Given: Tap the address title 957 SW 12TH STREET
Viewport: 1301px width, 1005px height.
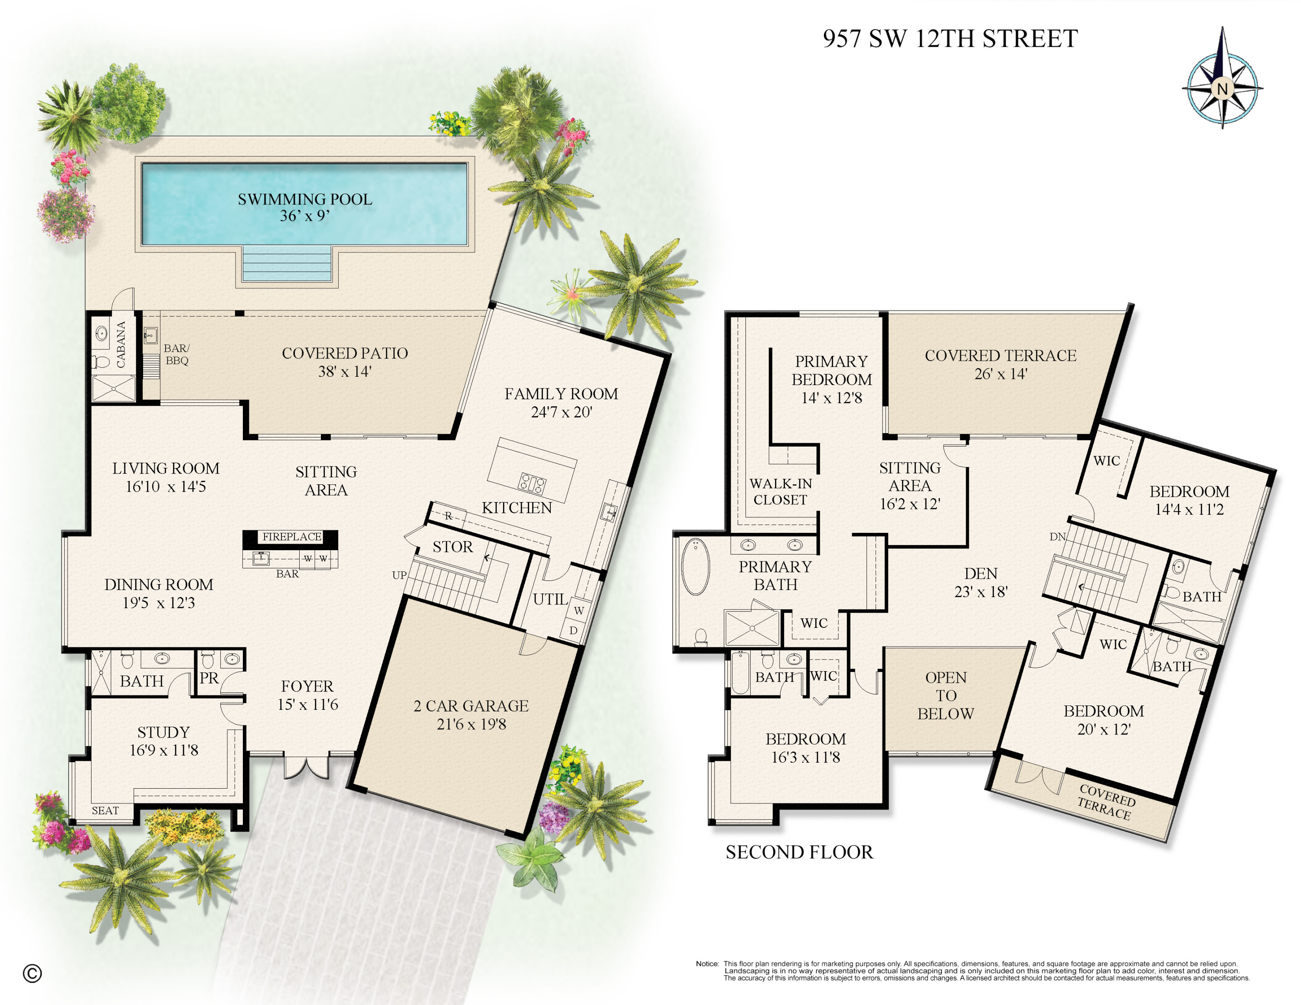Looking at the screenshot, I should tap(950, 39).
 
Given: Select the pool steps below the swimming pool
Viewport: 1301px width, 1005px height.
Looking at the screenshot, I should tap(287, 264).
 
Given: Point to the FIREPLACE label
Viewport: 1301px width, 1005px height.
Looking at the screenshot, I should tap(291, 536).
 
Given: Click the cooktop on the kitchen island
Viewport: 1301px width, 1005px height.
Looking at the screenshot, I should tap(532, 483).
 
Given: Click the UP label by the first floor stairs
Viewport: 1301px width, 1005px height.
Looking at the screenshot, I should tap(399, 575).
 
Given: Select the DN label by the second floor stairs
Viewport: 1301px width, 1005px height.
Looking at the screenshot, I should tap(1057, 536).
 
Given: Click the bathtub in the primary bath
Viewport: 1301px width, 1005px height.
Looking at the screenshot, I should tap(695, 566).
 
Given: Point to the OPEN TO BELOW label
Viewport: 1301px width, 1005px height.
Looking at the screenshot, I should tap(945, 695).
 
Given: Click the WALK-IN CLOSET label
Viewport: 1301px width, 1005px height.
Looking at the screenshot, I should tap(780, 492).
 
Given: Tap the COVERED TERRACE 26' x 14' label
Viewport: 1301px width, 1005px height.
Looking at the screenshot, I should tap(1000, 364).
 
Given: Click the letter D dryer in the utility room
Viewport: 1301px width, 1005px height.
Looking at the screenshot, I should tap(573, 630).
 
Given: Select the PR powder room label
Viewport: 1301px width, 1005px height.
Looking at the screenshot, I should tap(209, 678).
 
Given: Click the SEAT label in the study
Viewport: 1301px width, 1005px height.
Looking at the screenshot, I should tap(105, 810).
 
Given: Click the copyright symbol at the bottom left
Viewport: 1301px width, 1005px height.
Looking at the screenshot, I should tap(32, 973).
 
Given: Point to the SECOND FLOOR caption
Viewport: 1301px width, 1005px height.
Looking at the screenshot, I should tap(799, 852).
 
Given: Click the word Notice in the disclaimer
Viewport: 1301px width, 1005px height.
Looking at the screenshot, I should tap(706, 963).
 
